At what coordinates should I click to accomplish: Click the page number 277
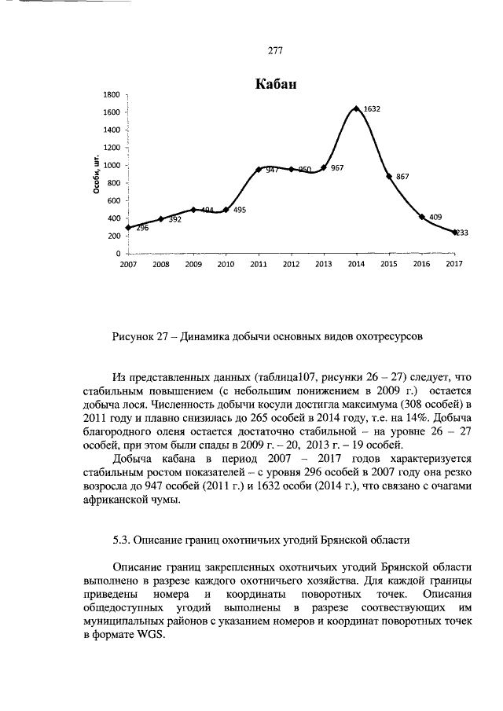(x=275, y=50)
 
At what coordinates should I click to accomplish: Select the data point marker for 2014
(x=356, y=108)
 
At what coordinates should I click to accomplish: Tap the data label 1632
(x=372, y=110)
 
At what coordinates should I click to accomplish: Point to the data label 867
(x=402, y=178)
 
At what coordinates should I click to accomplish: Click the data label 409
(x=435, y=215)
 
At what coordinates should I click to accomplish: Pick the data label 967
(x=336, y=168)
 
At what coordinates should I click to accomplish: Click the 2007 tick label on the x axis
(x=127, y=265)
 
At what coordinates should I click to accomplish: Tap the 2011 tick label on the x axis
(x=259, y=265)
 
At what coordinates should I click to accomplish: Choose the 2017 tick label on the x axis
(x=453, y=265)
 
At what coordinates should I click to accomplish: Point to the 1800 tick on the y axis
(x=111, y=94)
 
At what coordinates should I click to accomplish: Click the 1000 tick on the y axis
(x=111, y=165)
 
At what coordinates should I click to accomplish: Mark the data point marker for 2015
(x=389, y=176)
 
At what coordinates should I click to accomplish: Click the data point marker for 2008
(x=160, y=219)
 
